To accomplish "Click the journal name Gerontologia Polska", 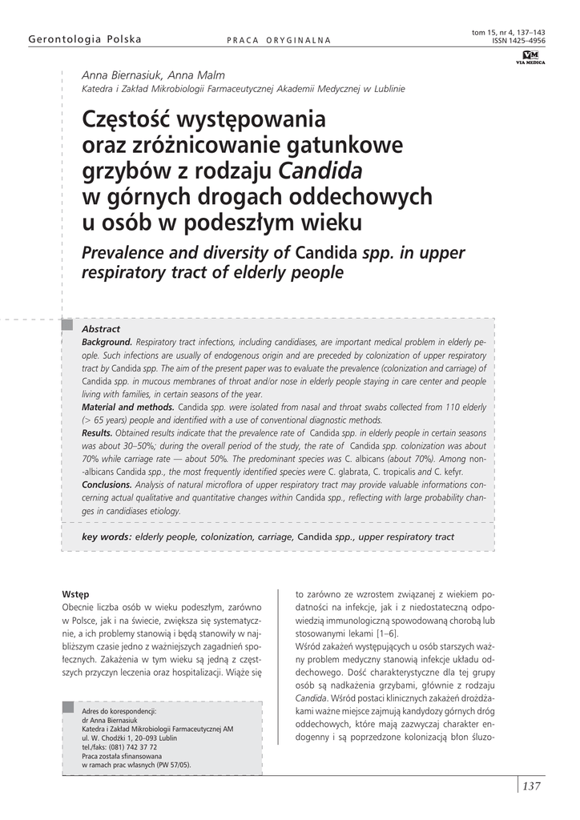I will (85, 39).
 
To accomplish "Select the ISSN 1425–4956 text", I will (519, 40).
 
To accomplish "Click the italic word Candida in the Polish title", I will (320, 171).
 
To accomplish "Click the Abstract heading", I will (101, 329).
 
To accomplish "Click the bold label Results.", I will (97, 432).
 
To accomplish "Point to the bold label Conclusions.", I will (107, 484).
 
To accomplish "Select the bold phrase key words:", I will (107, 537).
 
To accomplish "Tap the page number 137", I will (531, 786).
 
